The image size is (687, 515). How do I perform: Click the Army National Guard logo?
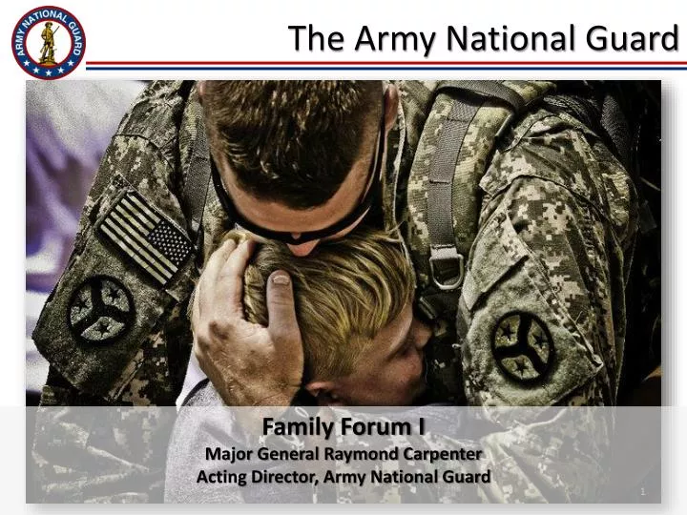[x=48, y=41]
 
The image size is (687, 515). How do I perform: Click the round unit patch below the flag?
[x=100, y=309]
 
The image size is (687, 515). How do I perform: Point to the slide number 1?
[x=644, y=491]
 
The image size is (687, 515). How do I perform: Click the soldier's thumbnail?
[x=279, y=278]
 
